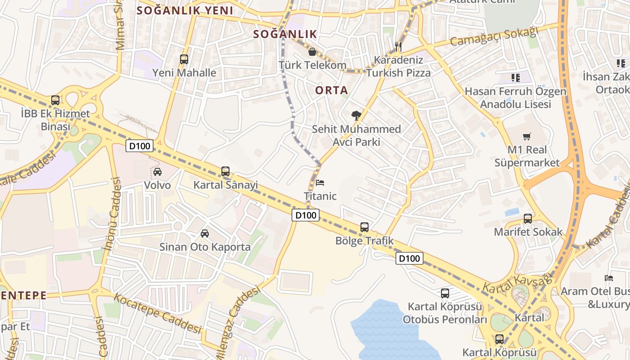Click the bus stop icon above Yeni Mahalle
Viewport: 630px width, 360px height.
(x=184, y=59)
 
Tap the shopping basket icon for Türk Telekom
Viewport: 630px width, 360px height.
(x=312, y=52)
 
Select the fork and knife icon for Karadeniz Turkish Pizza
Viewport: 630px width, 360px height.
(x=398, y=46)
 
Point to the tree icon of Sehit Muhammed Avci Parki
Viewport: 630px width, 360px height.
(x=356, y=116)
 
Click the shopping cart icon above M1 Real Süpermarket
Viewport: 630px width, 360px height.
(x=527, y=136)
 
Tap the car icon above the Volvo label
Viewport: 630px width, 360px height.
(x=157, y=171)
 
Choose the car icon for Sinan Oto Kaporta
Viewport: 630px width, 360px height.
(x=205, y=233)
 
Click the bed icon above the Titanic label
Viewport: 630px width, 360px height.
(x=320, y=183)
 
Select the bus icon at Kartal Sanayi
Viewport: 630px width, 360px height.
(x=225, y=171)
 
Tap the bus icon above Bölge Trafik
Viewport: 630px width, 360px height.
(x=364, y=227)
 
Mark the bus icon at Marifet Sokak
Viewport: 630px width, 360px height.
(x=528, y=219)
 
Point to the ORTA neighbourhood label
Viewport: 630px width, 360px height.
(x=331, y=90)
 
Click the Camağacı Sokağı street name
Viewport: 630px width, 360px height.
(x=494, y=37)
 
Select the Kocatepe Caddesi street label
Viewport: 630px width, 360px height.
(x=157, y=314)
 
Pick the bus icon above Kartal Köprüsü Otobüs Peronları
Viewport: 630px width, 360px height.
(x=445, y=293)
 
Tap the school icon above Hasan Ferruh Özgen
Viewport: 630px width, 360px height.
(x=516, y=78)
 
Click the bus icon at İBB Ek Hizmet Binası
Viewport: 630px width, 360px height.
(x=55, y=100)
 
